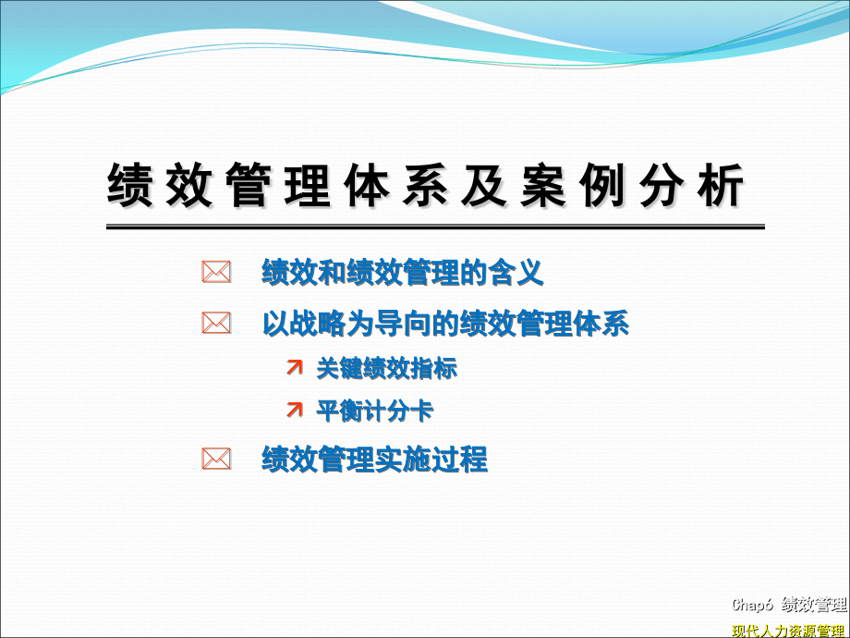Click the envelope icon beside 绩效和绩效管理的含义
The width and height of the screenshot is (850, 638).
coord(216,272)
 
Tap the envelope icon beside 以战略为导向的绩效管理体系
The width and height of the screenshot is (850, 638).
coord(216,324)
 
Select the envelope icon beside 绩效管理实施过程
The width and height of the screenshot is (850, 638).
coord(216,459)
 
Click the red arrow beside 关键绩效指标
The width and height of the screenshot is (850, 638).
coord(294,368)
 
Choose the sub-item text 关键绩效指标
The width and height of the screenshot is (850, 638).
coord(386,368)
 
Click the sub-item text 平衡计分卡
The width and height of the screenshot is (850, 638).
coord(374,411)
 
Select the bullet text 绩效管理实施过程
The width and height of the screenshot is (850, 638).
coord(374,459)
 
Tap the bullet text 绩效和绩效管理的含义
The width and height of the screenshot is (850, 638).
coord(403,272)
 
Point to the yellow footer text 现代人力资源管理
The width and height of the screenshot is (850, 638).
coord(789,631)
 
